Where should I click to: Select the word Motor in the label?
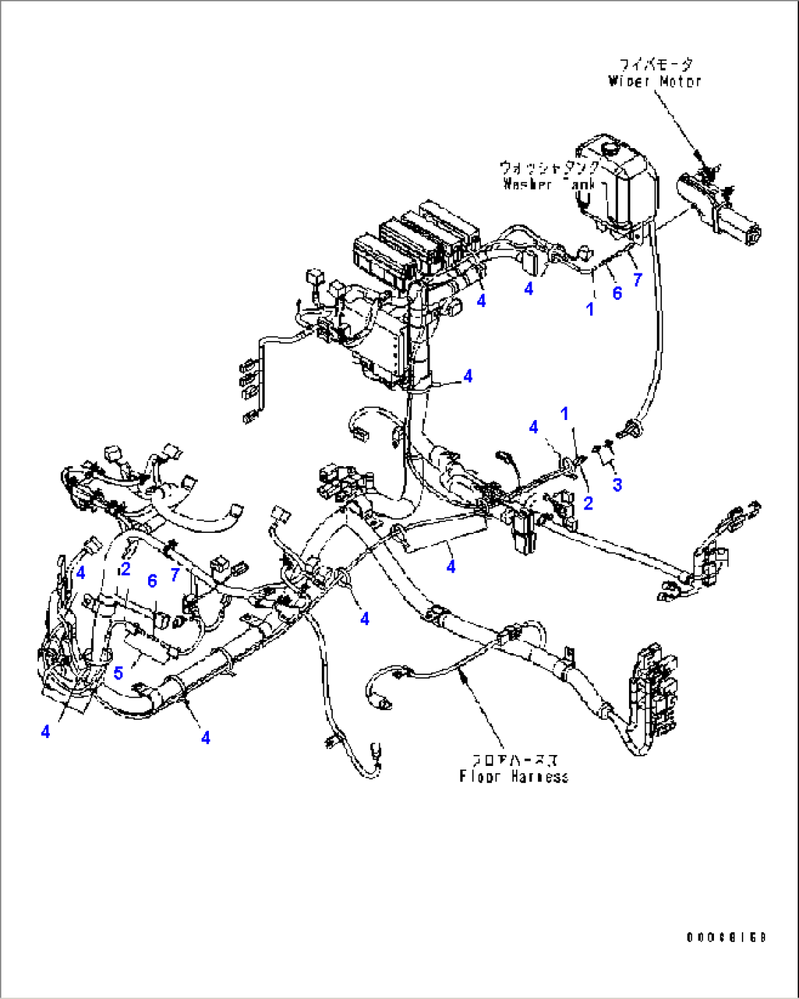(679, 81)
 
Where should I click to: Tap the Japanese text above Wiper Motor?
(655, 64)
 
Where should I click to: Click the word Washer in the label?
(528, 184)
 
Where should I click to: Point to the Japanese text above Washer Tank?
(550, 168)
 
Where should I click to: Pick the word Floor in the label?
(477, 776)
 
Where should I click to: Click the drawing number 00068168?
(726, 937)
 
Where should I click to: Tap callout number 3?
(617, 484)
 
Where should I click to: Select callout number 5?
(118, 673)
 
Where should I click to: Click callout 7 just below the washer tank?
(637, 279)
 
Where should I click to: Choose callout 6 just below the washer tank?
(617, 293)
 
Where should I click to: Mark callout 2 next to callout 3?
(588, 503)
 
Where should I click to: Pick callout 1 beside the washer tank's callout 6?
(590, 309)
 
